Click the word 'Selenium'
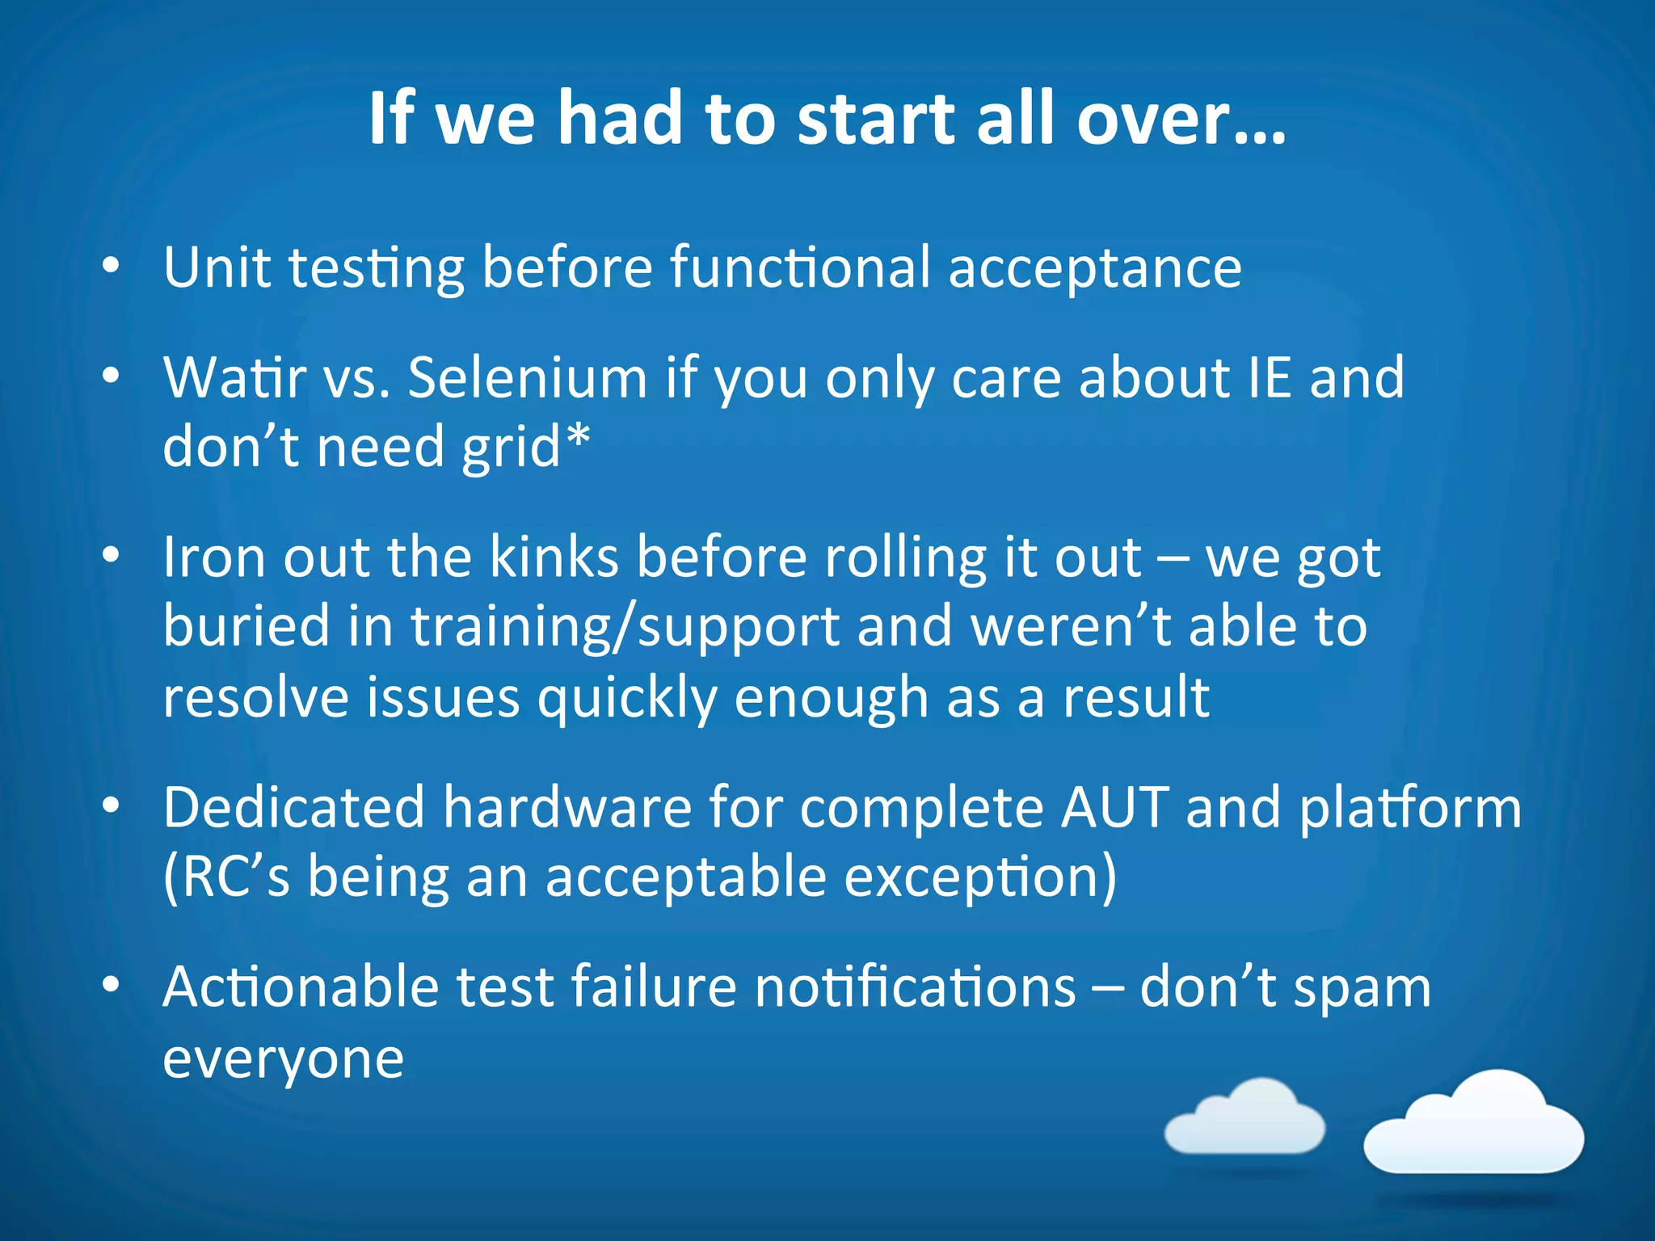click(x=527, y=377)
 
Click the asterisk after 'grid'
click(x=578, y=438)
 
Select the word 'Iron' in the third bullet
click(x=213, y=557)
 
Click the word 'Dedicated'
click(x=294, y=807)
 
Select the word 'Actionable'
click(x=300, y=987)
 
